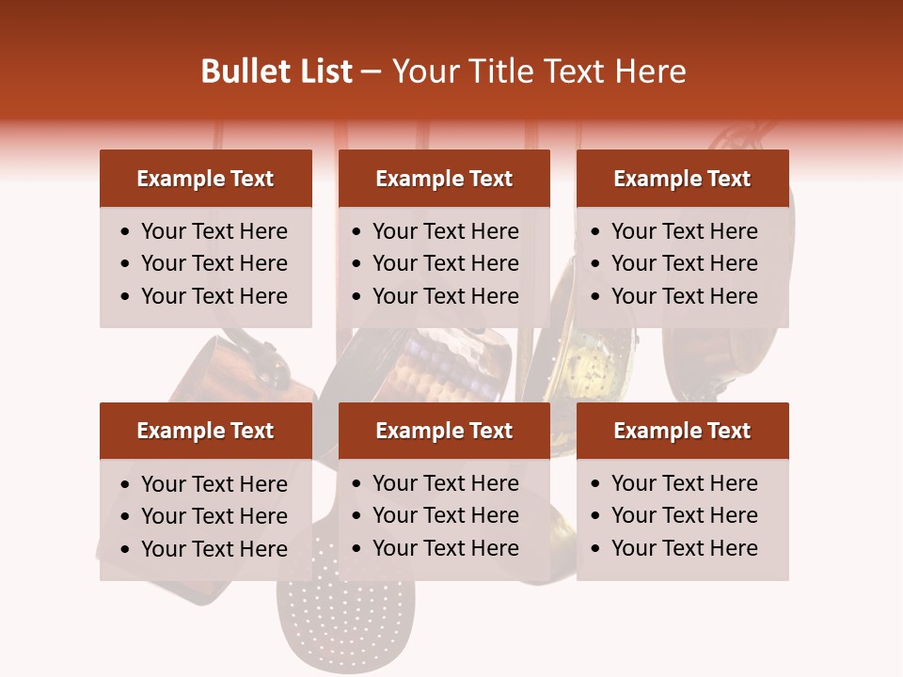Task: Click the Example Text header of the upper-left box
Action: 205,179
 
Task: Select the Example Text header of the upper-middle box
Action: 444,179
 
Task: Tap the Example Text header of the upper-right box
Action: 682,179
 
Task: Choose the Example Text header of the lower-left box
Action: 205,431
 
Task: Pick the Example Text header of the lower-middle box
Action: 444,431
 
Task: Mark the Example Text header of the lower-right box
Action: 682,431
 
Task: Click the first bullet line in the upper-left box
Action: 214,231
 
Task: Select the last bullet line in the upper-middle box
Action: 445,296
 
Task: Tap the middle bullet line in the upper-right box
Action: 684,263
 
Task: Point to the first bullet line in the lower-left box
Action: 214,484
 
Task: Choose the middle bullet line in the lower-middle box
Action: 445,515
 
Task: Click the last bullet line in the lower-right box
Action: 684,548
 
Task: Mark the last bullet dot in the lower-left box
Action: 125,550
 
